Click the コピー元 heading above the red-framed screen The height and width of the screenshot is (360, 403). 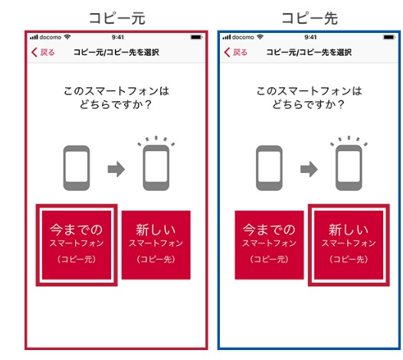[117, 18]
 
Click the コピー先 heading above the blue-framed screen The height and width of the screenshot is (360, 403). [310, 18]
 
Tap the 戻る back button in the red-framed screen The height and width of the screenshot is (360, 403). [43, 52]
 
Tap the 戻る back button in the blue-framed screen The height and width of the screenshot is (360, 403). [236, 52]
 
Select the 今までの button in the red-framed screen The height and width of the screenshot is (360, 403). [77, 245]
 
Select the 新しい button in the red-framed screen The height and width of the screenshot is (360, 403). [156, 245]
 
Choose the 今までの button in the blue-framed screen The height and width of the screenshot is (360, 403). [270, 245]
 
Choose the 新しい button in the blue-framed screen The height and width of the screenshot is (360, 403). [349, 245]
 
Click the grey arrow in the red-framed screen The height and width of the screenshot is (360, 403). [116, 169]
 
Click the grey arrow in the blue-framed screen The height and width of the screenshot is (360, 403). [309, 169]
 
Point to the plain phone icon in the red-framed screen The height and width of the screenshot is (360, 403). [77, 168]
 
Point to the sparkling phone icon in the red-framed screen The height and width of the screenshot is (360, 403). [156, 163]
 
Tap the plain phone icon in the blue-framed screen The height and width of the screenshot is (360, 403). [270, 168]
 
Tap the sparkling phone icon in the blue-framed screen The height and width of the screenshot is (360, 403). [349, 163]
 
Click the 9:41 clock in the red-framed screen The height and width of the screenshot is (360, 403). [118, 38]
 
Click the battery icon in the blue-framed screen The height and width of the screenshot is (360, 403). [389, 38]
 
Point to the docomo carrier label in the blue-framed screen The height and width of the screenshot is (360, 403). [243, 38]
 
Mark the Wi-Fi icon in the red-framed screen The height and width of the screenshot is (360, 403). [67, 37]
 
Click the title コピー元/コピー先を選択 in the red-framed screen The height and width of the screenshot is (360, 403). [116, 52]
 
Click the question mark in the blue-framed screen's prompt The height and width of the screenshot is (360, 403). [341, 105]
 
